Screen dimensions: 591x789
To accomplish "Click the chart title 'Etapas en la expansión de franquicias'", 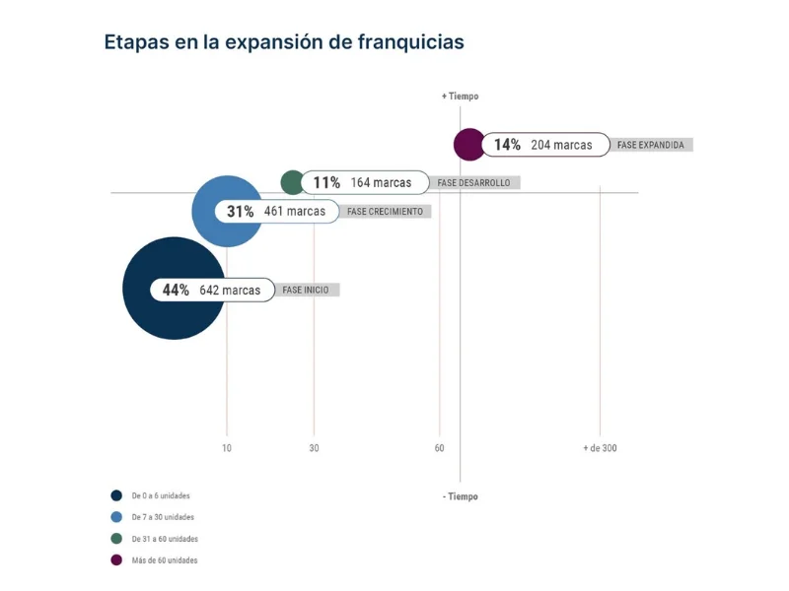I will coord(284,42).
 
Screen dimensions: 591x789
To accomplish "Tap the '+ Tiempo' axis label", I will coord(460,97).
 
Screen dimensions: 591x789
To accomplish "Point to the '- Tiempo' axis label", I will coord(460,496).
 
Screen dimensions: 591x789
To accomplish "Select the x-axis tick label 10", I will coord(227,448).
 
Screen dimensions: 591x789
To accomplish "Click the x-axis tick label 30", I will coord(314,448).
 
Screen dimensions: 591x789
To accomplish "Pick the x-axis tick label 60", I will coord(439,448).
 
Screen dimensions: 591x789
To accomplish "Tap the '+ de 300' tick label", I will coord(600,448).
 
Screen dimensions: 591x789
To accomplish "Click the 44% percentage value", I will coord(176,291).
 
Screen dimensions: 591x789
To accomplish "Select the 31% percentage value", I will coord(241,211).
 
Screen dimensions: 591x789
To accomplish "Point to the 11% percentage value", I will coord(326,182).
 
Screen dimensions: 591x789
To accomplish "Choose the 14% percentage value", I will coord(507,145).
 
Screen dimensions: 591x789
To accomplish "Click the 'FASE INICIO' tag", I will coord(306,291).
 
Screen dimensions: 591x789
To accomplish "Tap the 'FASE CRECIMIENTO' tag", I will coord(385,211).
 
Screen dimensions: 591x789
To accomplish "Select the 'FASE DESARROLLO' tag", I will coord(475,182).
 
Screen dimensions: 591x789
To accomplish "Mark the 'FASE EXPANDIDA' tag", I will coord(650,145).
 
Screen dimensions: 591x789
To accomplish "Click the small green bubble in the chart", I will coord(291,182).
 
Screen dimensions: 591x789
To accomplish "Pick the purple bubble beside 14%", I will coord(467,145).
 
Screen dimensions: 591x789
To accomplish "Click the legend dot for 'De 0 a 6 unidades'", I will coord(116,495).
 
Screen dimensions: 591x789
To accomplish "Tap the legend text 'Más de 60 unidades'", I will coord(165,560).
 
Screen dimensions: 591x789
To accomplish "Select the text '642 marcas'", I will coord(230,291).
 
